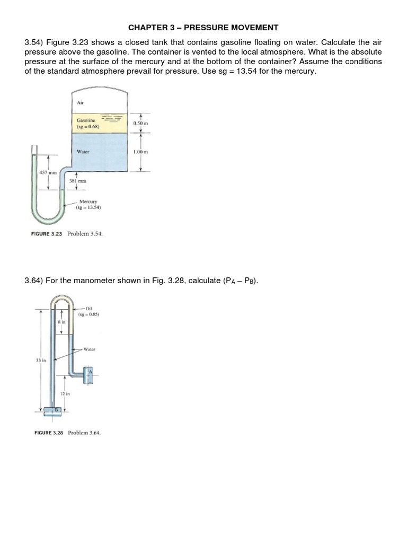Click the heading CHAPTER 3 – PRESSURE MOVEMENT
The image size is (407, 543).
click(x=203, y=27)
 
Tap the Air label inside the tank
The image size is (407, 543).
click(x=81, y=103)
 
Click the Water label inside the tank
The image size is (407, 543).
click(x=83, y=151)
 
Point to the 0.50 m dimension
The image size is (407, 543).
click(x=141, y=122)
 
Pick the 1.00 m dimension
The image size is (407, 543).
click(x=141, y=152)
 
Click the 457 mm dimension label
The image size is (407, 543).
click(x=48, y=172)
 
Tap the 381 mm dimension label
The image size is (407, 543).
click(x=77, y=181)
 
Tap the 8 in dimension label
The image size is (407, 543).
click(x=61, y=322)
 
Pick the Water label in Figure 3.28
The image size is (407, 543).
click(x=89, y=349)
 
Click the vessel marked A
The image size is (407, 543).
click(x=90, y=372)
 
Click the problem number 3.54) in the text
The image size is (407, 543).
click(x=34, y=42)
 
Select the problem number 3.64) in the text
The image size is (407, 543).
click(x=34, y=281)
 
